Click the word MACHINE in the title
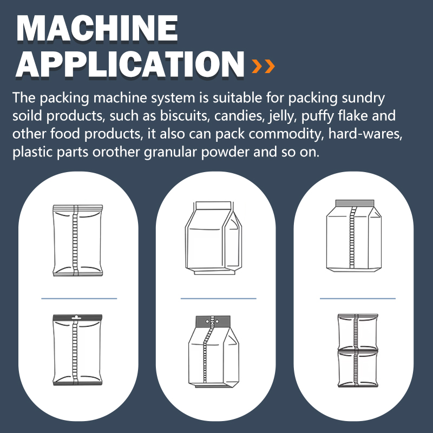97,28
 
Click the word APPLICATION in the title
130,64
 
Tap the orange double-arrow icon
263,66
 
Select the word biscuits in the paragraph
183,116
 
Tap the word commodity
286,134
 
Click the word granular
170,153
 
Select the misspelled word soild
27,116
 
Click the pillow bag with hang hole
77,350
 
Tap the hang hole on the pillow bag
75,317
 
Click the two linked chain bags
358,350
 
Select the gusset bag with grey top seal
354,235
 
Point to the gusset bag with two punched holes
213,351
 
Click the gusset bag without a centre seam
213,238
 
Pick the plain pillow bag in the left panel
77,240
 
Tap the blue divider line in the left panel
79,299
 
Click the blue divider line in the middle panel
219,299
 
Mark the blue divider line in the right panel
358,299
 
